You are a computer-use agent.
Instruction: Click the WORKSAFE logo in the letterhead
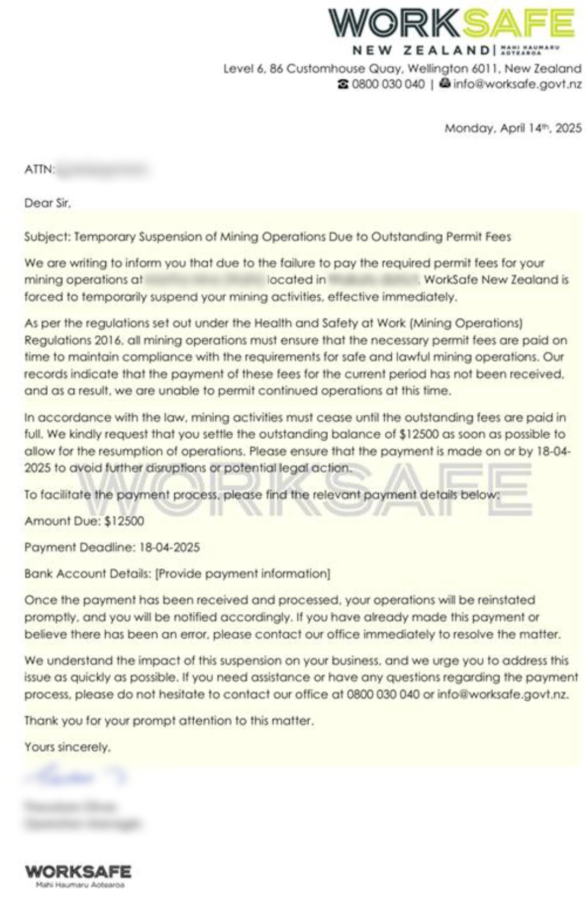click(x=450, y=22)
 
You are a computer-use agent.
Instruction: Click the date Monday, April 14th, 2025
click(x=513, y=129)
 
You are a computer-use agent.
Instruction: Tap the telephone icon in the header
click(x=343, y=85)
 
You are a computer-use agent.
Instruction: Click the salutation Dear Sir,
click(x=48, y=203)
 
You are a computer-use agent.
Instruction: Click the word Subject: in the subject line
click(x=47, y=237)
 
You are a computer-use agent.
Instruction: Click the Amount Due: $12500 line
click(x=84, y=521)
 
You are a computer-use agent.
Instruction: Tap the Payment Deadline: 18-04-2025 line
click(x=112, y=547)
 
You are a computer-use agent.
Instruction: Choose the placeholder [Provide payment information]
click(x=243, y=574)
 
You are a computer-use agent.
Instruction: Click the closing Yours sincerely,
click(x=67, y=747)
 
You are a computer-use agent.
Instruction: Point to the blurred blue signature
click(x=76, y=777)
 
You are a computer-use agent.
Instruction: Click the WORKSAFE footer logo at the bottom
click(x=78, y=872)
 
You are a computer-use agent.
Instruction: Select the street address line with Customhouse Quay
click(x=402, y=69)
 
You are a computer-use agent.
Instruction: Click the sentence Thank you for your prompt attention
click(x=169, y=721)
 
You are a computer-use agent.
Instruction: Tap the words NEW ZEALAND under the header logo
click(x=421, y=50)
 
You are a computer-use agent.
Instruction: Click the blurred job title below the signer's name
click(x=82, y=824)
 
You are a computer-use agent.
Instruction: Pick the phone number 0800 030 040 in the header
click(x=388, y=85)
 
